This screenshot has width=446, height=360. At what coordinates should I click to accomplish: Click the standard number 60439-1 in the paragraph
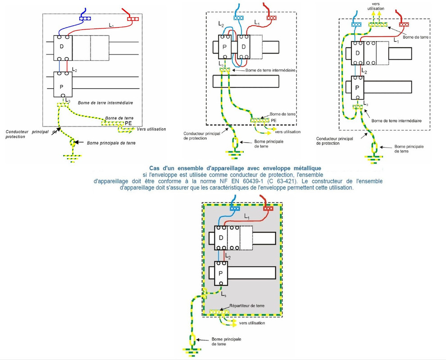269,181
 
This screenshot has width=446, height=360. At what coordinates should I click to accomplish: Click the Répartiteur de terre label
247,306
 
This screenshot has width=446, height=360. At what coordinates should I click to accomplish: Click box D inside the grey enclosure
221,237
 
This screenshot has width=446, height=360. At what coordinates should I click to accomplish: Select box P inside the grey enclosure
221,273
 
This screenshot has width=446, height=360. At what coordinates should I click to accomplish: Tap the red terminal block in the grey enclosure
269,208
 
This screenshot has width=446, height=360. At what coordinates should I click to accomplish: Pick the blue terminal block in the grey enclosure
234,208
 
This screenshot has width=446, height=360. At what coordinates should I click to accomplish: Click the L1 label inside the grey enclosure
246,217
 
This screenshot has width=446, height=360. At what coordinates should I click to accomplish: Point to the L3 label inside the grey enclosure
224,293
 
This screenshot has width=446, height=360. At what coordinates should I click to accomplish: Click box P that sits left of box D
224,46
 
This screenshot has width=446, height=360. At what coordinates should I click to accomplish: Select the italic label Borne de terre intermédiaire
108,103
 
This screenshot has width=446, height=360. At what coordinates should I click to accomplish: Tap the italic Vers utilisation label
150,129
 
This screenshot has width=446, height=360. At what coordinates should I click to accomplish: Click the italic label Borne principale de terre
111,143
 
